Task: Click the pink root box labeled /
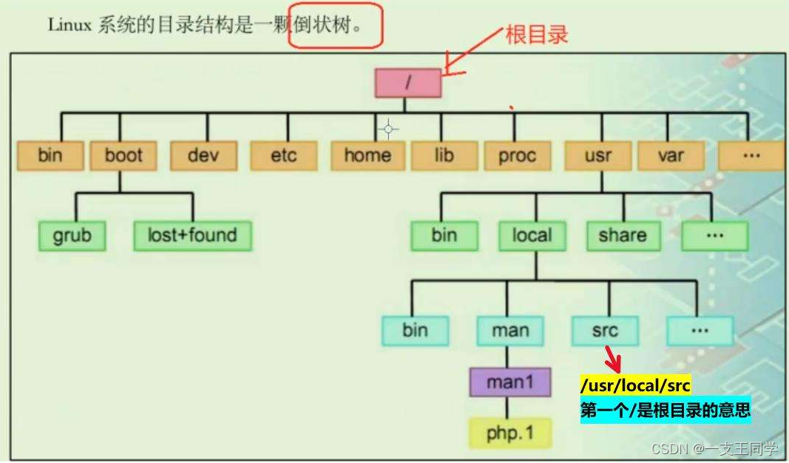tap(407, 83)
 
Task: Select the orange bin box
tap(50, 156)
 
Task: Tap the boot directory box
tap(123, 156)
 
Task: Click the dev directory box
tap(203, 156)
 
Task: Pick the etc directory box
tap(283, 156)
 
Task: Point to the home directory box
tap(368, 156)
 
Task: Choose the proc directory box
tap(517, 156)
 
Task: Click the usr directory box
tap(597, 156)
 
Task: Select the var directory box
tap(671, 156)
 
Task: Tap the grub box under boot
tap(71, 236)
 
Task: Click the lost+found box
tap(192, 236)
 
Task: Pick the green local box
tap(532, 236)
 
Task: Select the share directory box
tap(622, 236)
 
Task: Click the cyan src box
tap(605, 331)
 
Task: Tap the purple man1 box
tap(509, 382)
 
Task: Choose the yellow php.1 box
tap(510, 433)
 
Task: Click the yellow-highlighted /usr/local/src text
tap(635, 386)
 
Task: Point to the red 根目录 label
tap(537, 35)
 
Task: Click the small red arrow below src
tap(613, 360)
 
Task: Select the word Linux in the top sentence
tap(69, 25)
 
